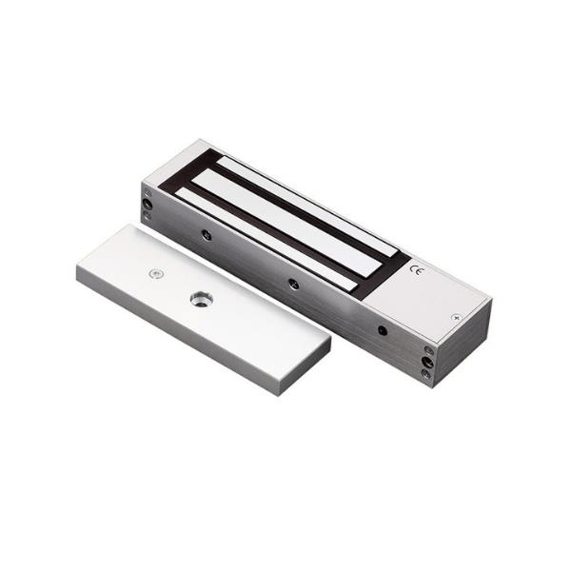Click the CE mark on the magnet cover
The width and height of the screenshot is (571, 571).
click(416, 270)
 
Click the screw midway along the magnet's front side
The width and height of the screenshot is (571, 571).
click(294, 283)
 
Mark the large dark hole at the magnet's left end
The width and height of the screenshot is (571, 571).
click(148, 204)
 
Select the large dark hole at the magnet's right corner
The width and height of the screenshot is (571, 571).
click(427, 363)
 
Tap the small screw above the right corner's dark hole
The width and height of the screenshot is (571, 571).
click(427, 350)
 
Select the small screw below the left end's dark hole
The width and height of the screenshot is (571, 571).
click(148, 216)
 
